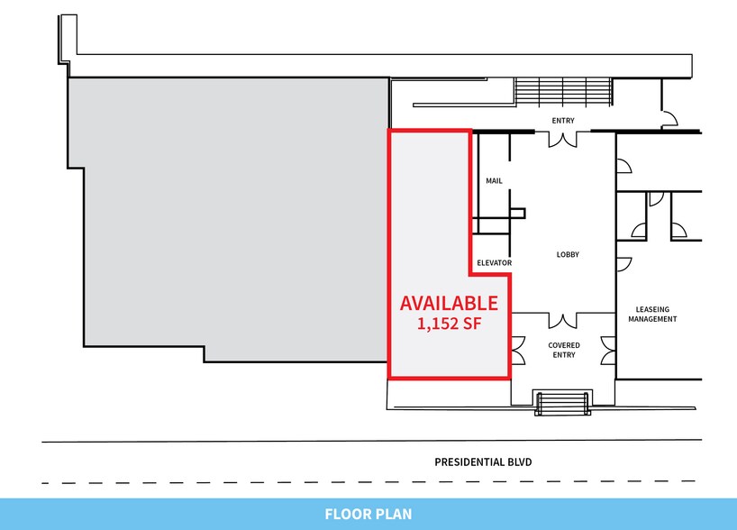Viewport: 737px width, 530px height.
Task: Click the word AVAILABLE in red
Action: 449,304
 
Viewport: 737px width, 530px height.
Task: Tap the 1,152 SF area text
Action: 450,324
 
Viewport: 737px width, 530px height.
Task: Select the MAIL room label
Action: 494,180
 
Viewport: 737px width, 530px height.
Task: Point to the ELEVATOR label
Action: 494,263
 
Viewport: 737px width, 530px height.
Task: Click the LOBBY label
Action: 568,254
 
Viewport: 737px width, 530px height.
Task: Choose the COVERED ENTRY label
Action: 563,350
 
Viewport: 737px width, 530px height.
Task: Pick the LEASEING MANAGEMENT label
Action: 652,315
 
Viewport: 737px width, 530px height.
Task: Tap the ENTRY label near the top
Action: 563,121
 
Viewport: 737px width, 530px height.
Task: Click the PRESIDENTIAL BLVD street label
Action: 483,462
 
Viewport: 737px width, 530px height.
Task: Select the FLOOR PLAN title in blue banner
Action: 368,514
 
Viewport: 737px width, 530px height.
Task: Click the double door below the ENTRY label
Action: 562,140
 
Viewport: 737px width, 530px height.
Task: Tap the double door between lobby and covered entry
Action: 562,320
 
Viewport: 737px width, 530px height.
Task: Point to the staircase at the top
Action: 563,92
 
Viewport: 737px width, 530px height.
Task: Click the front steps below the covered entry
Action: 562,403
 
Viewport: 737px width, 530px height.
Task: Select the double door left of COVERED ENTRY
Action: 518,351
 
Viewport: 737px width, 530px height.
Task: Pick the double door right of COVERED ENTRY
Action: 608,351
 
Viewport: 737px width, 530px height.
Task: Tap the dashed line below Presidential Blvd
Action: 368,482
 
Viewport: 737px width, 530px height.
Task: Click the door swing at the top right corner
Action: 670,118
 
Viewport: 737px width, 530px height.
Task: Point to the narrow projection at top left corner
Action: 68,39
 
